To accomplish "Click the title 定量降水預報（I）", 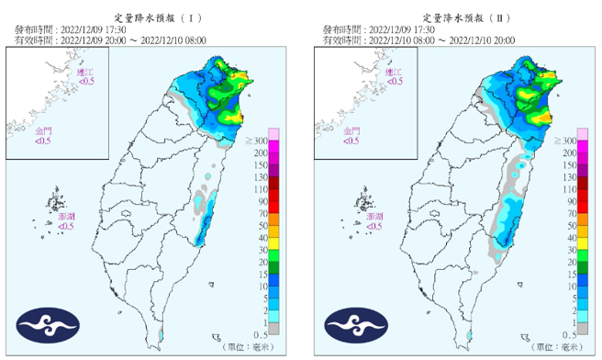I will tap(158, 17).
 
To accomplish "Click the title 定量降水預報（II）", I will tap(466, 17).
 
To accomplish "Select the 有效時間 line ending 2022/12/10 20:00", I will tap(418, 40).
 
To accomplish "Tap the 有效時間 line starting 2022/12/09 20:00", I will tap(110, 40).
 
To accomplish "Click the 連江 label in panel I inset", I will tap(85, 72).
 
